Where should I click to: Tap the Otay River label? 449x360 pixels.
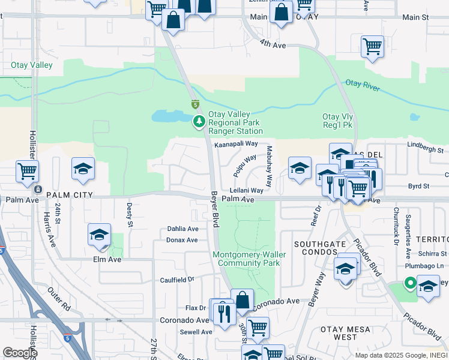[363, 86]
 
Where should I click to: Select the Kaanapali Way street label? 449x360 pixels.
[236, 144]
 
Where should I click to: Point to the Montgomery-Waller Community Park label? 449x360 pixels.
[249, 259]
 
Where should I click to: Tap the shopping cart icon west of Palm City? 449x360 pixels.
[27, 171]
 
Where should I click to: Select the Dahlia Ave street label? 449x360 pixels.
[183, 229]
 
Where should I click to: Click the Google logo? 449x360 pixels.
[20, 352]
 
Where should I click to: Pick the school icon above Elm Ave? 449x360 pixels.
[100, 235]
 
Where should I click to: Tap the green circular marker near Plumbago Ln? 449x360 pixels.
[410, 283]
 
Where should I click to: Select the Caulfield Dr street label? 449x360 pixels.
[177, 280]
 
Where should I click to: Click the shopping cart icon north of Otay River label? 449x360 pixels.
[372, 46]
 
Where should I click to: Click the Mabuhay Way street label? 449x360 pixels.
[270, 166]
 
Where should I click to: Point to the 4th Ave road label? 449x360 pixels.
[273, 44]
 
